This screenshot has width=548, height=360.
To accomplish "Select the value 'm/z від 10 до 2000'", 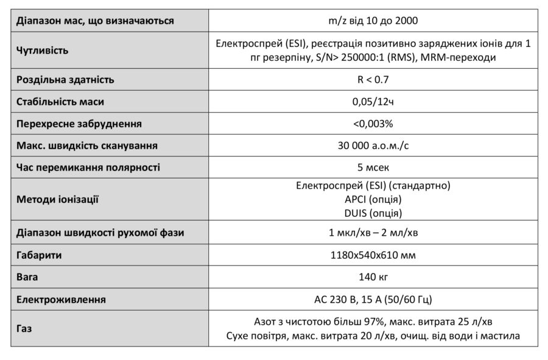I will [373, 21].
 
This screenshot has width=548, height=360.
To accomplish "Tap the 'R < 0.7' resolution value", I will [373, 80].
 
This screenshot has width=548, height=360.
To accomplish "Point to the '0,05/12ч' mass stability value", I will [373, 102].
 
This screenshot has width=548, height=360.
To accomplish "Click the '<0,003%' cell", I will [373, 124].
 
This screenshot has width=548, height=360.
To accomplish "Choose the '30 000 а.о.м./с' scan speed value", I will [373, 146].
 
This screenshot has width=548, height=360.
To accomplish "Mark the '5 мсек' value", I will [373, 167].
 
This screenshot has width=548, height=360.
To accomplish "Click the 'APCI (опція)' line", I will [373, 199].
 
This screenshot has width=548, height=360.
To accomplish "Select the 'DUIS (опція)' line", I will [373, 213].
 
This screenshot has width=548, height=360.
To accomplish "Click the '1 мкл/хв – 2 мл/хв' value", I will [373, 233].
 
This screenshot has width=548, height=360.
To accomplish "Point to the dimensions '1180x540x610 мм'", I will [373, 255].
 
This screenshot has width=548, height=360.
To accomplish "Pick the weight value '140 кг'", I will [373, 277].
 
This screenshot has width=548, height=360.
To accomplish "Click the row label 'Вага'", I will [27, 277].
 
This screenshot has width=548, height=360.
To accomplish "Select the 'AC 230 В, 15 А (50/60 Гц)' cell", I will [373, 299].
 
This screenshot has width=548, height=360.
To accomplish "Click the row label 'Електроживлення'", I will [61, 299].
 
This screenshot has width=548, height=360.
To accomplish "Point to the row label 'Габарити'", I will [39, 255].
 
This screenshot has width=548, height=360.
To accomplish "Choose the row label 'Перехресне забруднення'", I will [79, 124].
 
